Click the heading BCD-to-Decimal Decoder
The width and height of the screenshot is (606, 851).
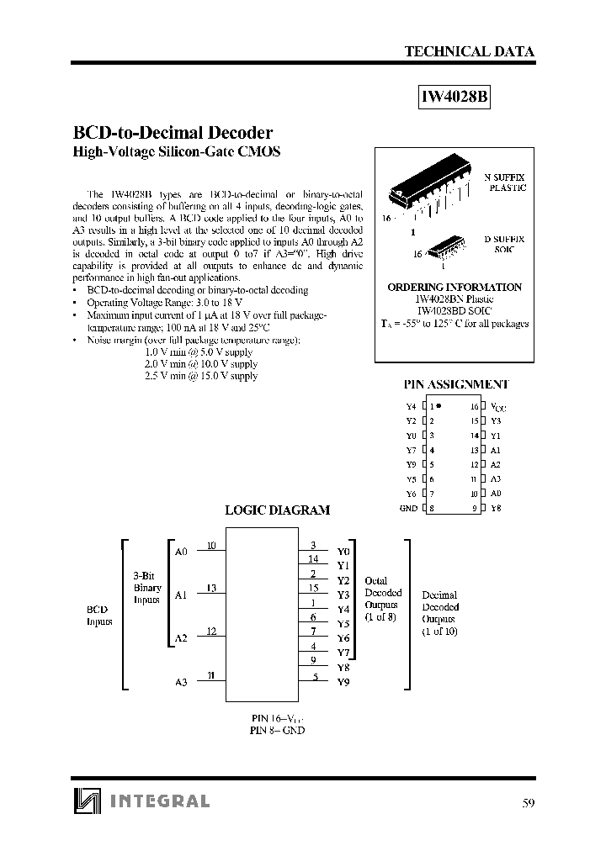click(173, 133)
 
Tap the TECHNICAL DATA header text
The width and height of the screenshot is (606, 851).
click(470, 51)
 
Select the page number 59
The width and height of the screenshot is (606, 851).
click(529, 802)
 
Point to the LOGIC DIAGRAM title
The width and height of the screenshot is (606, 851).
click(277, 510)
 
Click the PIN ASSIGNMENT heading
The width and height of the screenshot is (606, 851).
click(455, 384)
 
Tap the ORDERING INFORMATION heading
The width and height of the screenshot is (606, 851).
click(454, 287)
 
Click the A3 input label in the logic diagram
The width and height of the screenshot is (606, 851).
click(181, 681)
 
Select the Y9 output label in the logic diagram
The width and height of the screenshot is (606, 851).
click(343, 681)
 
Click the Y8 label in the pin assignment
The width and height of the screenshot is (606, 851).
click(496, 508)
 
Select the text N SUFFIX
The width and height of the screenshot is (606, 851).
click(504, 177)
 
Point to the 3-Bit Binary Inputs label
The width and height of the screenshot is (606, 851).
click(147, 588)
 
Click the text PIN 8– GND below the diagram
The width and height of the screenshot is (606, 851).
click(277, 730)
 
